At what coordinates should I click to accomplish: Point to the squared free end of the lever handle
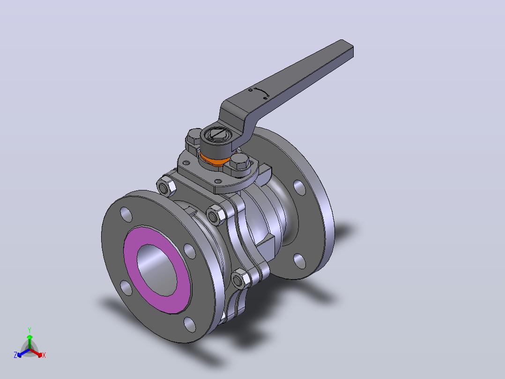[347, 48]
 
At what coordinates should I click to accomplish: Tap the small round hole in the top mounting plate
[218, 182]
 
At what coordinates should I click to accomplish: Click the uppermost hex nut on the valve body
[166, 186]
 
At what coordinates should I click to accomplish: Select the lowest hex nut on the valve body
[240, 280]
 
